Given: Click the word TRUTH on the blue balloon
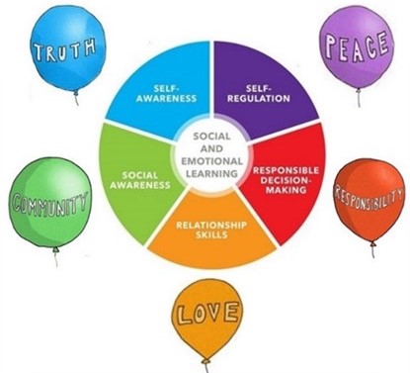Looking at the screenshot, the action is point(65,49).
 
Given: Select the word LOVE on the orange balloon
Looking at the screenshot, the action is point(207,313).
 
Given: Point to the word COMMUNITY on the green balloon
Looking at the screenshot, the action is point(49,203).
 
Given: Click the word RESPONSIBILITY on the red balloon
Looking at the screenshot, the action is point(369,198).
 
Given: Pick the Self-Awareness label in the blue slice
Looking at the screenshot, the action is point(166,93).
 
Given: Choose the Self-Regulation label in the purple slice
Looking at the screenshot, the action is point(259,93).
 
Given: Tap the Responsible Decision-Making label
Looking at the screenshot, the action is point(286,180).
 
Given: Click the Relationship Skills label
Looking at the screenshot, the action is point(211,230).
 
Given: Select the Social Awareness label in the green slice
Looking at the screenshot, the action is point(140,180).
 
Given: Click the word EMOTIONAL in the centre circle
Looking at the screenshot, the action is point(211,161).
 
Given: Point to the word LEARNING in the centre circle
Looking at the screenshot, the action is point(211,173).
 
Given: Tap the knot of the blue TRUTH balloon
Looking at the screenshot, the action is point(76,92).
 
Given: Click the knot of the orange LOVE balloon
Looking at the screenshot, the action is point(206,361).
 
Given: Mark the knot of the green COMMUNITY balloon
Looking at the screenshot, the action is point(56,249).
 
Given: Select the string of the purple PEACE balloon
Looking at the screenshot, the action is point(359,98).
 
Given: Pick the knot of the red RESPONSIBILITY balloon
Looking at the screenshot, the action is point(373,244).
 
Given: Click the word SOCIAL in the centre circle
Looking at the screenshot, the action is point(211,137).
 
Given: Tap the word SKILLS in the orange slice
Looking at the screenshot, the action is point(211,234).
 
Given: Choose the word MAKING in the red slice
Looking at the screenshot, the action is point(287,190).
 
